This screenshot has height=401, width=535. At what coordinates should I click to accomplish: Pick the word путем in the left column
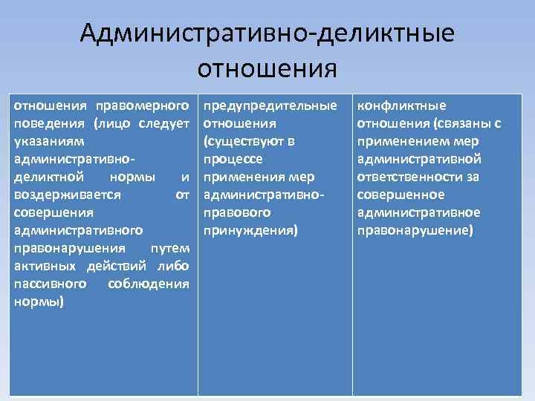point(170,248)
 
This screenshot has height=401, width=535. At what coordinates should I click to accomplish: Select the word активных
point(43,266)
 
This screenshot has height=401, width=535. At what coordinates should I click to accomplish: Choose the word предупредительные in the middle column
point(270,105)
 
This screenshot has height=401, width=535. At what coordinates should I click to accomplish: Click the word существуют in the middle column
point(246,141)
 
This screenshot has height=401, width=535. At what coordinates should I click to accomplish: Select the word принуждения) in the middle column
point(249,230)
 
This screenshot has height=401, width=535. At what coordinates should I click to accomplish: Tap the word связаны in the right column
point(461,123)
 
